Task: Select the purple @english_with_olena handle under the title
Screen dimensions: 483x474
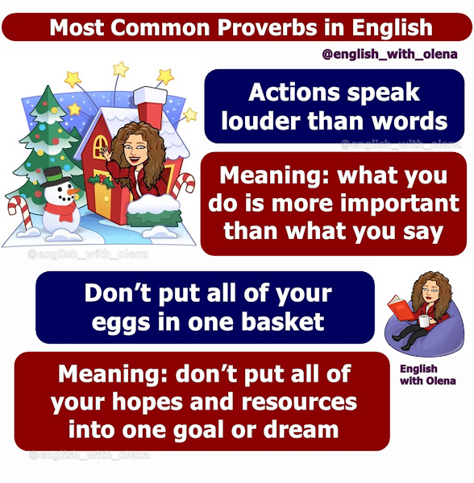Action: (389, 55)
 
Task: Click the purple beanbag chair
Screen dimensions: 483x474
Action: (423, 330)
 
